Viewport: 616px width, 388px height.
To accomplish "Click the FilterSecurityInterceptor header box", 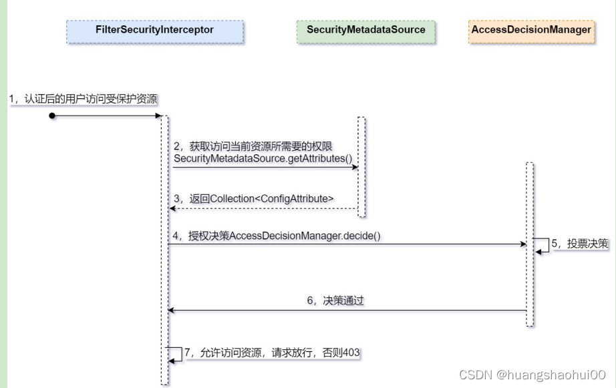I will coord(154,31).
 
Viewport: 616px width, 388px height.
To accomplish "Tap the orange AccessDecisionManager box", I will coord(531,31).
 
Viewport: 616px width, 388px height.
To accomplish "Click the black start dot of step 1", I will coord(51,116).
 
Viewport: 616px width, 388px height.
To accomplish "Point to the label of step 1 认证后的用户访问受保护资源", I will coord(84,99).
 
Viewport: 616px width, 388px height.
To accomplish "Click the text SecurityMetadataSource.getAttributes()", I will coord(262,158).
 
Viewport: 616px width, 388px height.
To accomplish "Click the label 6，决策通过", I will coord(335,301).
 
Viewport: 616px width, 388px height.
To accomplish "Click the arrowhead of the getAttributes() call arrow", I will coord(356,168).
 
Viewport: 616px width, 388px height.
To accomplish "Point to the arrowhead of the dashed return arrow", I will coord(172,208).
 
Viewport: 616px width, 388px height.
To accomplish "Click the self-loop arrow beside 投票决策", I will coord(541,245).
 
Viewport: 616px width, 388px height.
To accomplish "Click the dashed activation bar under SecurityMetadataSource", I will coord(361,166).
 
